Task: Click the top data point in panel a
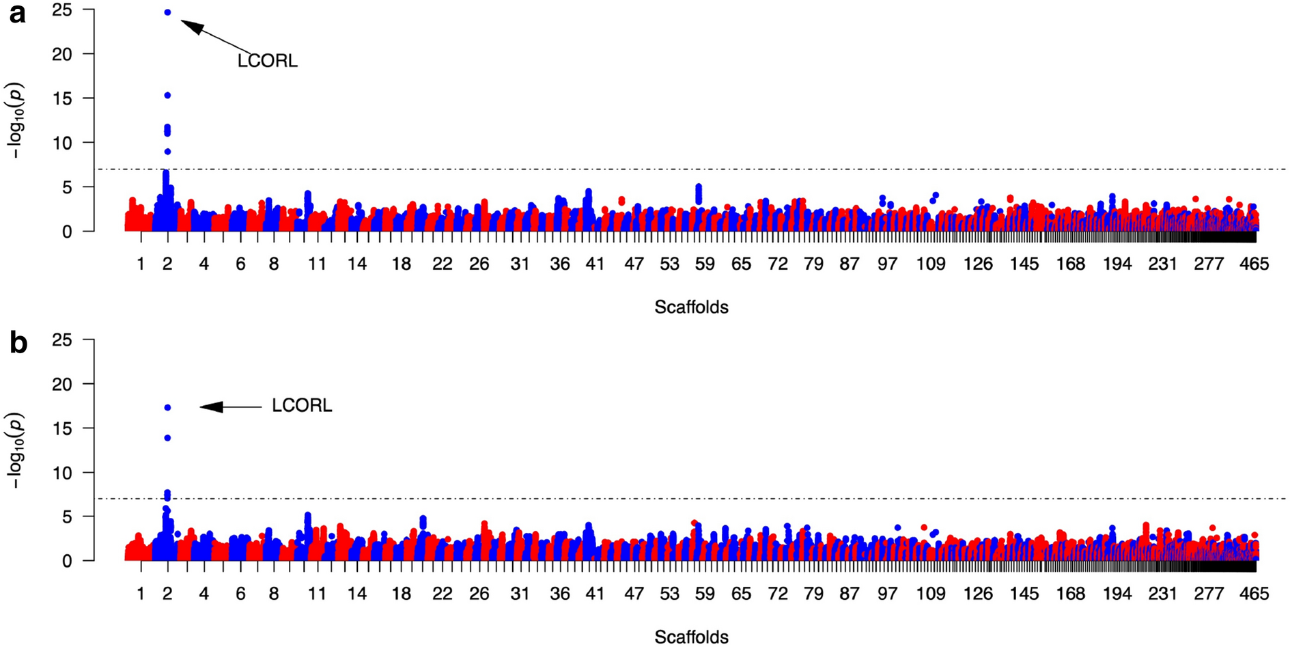167,12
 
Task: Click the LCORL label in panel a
267,61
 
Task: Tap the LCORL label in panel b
302,406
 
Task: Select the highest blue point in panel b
167,408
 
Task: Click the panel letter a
17,13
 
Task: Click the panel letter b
18,343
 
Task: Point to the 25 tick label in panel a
62,10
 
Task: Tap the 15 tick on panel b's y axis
62,428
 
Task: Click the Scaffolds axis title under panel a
691,307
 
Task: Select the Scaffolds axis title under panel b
691,637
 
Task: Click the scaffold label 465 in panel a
1254,264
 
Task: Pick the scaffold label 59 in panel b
705,594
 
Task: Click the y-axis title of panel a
15,120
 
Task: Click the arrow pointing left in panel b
230,407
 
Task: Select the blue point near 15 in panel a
167,96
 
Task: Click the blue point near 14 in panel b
167,438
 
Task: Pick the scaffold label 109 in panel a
930,264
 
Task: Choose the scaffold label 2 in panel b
167,594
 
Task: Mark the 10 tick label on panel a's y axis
62,143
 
